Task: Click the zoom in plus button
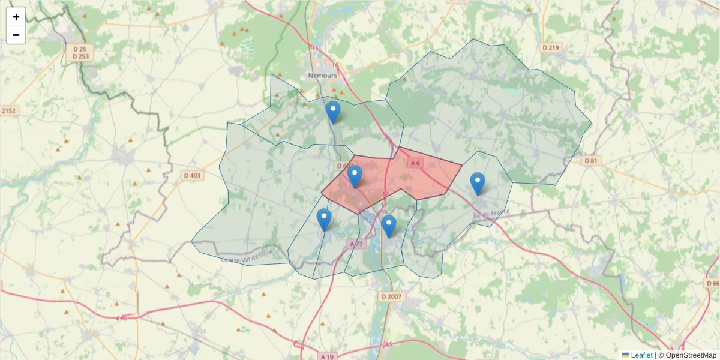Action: (16, 17)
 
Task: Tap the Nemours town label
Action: (322, 76)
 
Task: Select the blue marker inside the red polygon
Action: (355, 176)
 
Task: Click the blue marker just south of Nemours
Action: (332, 112)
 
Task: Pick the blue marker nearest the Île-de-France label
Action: (477, 183)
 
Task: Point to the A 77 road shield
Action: (356, 244)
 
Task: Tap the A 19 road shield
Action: (326, 356)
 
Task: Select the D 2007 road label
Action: (391, 296)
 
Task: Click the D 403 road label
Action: (192, 175)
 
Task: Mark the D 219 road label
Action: (550, 47)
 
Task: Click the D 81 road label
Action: (591, 160)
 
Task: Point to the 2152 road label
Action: (8, 110)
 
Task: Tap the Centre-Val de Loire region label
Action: (247, 258)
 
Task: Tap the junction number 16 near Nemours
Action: (335, 65)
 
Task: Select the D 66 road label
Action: (712, 283)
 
